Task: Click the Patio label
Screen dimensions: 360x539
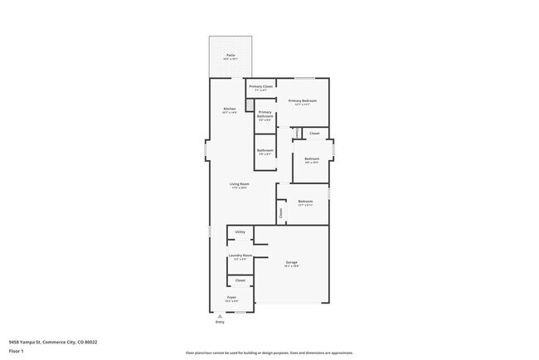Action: point(230,55)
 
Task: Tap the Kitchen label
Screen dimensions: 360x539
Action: point(230,109)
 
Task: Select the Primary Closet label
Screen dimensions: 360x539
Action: point(261,85)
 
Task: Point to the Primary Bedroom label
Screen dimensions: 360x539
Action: point(303,100)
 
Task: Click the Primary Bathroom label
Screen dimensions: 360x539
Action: point(265,114)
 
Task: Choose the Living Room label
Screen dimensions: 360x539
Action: point(240,184)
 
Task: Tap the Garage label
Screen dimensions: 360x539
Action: point(292,262)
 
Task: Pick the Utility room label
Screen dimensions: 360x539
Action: point(240,231)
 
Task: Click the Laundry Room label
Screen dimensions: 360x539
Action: point(240,255)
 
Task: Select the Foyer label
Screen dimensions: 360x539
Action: point(232,297)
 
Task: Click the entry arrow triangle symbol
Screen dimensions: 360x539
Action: point(220,316)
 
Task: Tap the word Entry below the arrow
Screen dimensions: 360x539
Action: point(220,322)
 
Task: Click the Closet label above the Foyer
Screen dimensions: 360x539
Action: point(240,280)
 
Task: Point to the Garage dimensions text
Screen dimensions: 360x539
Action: point(292,266)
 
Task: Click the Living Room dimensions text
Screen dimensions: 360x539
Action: point(240,188)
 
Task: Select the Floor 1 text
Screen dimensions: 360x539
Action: point(16,350)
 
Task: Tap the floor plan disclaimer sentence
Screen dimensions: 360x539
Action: point(269,352)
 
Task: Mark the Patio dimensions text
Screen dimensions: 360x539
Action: point(230,59)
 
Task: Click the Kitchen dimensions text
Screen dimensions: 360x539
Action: point(230,113)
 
